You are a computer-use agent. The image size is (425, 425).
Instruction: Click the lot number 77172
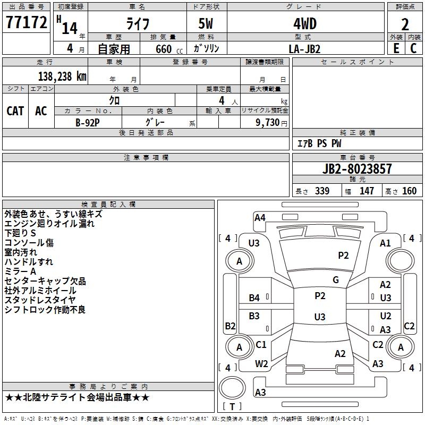pos(26,22)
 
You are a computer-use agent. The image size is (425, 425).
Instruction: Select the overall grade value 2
pos(405,24)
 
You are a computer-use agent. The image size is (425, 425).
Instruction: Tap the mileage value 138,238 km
pos(62,76)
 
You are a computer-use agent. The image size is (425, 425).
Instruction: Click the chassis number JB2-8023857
pos(357,169)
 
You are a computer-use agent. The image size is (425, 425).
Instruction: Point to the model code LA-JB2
pos(304,49)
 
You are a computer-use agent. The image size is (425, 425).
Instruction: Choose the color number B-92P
pos(88,123)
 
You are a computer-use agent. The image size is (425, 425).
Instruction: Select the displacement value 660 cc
pos(169,49)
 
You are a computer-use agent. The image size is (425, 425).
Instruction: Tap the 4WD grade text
pos(305,24)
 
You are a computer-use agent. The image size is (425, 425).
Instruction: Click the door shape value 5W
pos(206,23)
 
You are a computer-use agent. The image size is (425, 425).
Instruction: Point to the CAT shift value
pos(15,111)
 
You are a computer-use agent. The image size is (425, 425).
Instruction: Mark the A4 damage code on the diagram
pos(260,218)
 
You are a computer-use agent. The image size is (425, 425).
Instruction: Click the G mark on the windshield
pos(336,280)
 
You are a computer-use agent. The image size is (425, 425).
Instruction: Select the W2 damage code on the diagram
pos(261,364)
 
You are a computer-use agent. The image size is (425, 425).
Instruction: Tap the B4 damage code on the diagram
pos(254,298)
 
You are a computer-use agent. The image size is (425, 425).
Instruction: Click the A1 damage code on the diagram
pos(385,243)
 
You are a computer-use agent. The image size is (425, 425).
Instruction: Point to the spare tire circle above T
pos(232,387)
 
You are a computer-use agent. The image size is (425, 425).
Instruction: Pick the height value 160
pos(409,191)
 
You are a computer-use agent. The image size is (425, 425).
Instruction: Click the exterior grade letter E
pos(396,48)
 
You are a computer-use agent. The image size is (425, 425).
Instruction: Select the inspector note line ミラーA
pos(20,271)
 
